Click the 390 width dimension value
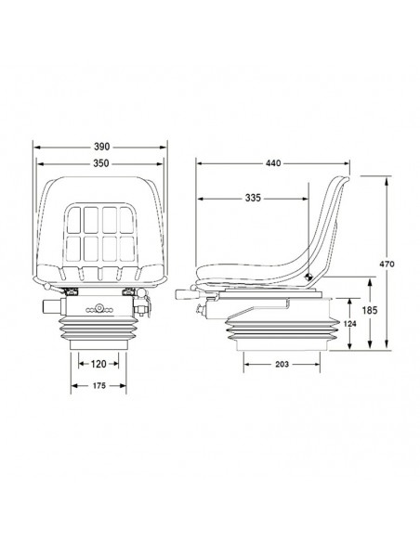(x=101, y=147)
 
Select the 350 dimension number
(x=101, y=163)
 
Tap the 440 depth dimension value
(x=273, y=163)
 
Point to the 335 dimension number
(x=253, y=198)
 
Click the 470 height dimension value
(x=387, y=265)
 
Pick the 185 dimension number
(x=370, y=310)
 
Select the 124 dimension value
(x=350, y=324)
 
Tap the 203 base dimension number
(x=282, y=364)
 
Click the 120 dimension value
(x=98, y=364)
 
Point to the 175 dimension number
(x=98, y=385)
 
